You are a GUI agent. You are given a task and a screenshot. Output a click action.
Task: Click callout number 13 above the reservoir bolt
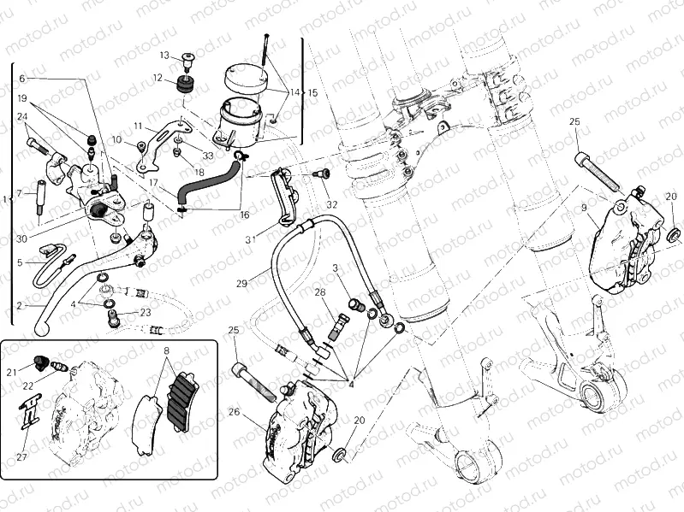[x=164, y=56]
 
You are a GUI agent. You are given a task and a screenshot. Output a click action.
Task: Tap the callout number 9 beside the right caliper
[x=584, y=207]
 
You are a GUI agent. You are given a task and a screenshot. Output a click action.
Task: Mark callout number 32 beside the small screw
[x=332, y=204]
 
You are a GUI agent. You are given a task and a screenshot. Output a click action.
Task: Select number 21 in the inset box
[x=12, y=372]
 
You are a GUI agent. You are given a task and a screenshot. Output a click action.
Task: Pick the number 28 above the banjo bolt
[x=319, y=293]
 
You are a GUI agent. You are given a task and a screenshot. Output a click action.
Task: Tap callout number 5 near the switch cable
[x=20, y=262]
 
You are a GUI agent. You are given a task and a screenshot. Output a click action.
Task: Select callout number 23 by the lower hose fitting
[x=146, y=312]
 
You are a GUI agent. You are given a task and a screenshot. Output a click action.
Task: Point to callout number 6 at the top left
[x=22, y=78]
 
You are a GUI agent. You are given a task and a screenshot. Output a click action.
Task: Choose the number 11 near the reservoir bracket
[x=137, y=126]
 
